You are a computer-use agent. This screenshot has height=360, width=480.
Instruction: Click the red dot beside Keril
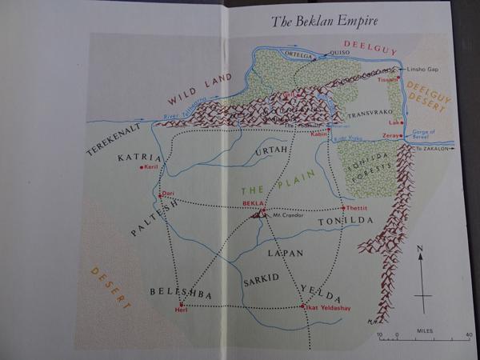[141, 167]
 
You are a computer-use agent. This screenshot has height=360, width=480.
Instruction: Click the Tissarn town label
[388, 80]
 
